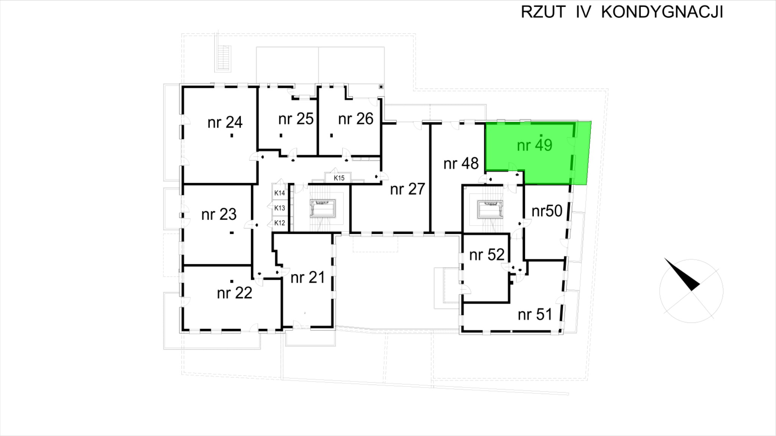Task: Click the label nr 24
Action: click(225, 122)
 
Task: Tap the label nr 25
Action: click(296, 119)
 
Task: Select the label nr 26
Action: click(355, 119)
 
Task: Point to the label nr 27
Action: click(407, 189)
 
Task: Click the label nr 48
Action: click(461, 163)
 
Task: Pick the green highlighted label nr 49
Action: click(534, 145)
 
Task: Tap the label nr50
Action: click(547, 211)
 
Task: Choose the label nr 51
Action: click(535, 315)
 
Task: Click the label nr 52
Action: click(487, 255)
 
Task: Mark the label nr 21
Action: click(308, 277)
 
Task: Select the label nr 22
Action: click(234, 293)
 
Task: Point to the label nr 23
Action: click(219, 215)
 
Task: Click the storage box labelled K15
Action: click(339, 178)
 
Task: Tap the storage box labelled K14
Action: click(279, 193)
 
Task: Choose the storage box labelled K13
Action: click(279, 208)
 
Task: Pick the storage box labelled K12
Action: click(279, 223)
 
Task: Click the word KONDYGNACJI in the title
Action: click(662, 12)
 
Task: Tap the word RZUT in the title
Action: click(543, 12)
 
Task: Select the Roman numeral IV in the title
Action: click(583, 12)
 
